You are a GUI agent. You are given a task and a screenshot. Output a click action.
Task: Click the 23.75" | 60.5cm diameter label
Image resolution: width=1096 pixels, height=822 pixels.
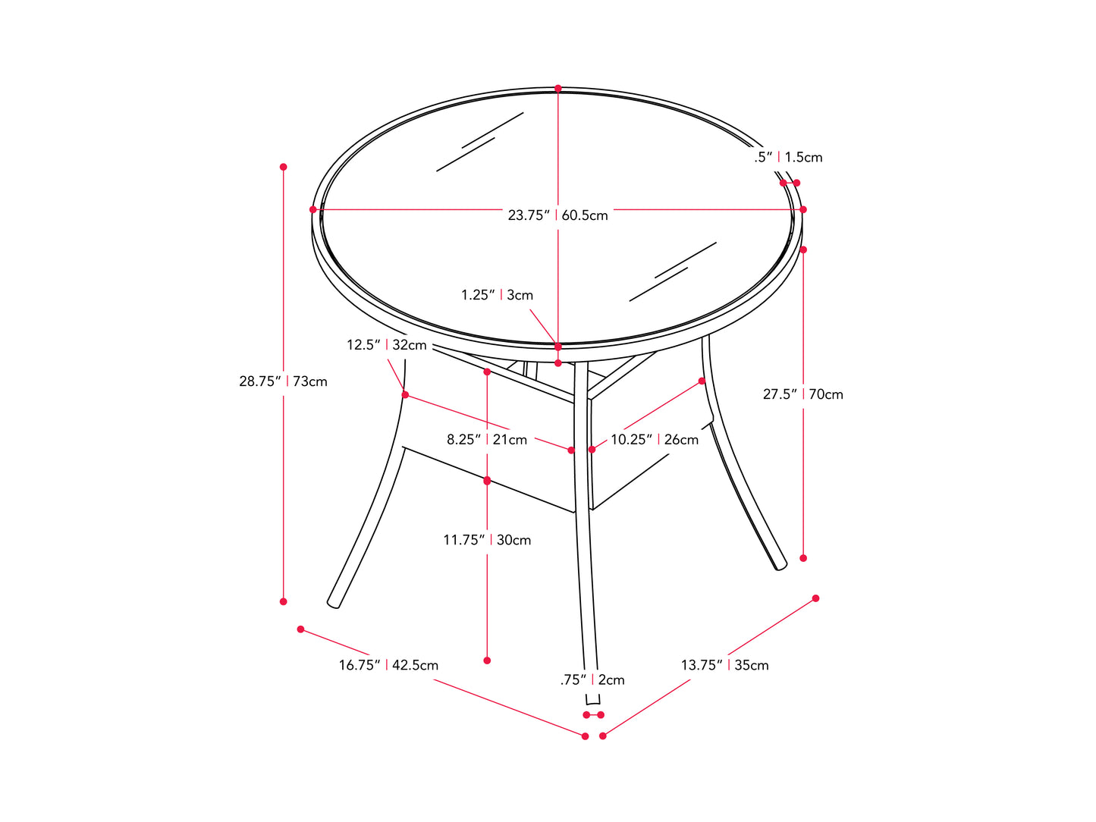[x=557, y=215]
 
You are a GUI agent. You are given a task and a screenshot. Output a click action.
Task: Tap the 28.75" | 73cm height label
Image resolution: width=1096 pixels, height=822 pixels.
[x=283, y=381]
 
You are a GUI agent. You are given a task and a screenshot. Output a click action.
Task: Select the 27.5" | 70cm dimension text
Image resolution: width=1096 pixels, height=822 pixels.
[x=802, y=394]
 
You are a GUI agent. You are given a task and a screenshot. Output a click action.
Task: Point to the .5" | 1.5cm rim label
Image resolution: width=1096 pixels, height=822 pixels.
[x=788, y=158]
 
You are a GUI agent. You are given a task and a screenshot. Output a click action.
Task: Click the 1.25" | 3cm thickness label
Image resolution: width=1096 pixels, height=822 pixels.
[x=497, y=295]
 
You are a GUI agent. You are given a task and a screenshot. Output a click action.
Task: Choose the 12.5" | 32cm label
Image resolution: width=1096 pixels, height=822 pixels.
[x=386, y=345]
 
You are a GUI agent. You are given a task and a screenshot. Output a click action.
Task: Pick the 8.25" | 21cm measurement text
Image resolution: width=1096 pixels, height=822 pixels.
[x=486, y=440]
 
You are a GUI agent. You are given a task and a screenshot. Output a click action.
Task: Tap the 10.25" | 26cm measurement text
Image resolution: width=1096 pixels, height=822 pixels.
[x=655, y=440]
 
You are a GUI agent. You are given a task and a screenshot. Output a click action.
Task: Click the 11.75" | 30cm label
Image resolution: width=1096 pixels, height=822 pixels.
[x=487, y=540]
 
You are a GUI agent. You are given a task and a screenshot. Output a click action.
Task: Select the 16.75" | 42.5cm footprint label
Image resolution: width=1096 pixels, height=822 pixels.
[x=388, y=665]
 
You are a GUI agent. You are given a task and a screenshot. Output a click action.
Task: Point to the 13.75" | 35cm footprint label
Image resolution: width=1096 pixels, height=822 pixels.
[x=724, y=665]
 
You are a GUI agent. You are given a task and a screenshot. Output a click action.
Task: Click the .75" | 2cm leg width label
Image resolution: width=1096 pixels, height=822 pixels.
[x=592, y=680]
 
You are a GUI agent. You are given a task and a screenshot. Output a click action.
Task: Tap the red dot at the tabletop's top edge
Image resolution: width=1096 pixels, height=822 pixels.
[x=558, y=89]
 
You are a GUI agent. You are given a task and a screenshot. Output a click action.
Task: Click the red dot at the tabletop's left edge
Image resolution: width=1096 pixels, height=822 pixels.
[x=312, y=209]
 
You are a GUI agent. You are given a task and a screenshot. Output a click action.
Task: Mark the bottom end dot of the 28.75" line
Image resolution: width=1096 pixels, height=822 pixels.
[x=284, y=601]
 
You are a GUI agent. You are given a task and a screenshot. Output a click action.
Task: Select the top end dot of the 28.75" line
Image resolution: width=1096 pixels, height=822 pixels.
[x=284, y=167]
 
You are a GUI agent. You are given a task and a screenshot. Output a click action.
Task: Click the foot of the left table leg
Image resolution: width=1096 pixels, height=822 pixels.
[x=334, y=602]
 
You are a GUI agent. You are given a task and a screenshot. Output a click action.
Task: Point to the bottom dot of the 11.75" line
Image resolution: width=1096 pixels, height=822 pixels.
[x=487, y=660]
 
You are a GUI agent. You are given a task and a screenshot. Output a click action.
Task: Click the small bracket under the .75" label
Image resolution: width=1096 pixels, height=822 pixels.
[x=593, y=701]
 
